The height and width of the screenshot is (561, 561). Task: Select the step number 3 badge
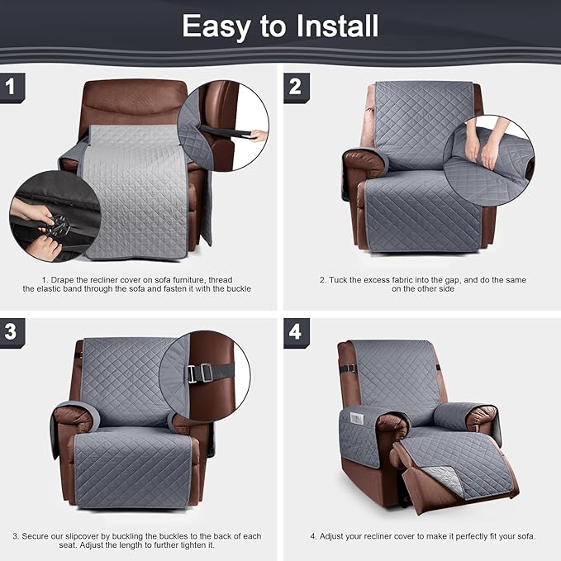(x=10, y=331)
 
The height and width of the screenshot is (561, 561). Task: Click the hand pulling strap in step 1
(x=259, y=135)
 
